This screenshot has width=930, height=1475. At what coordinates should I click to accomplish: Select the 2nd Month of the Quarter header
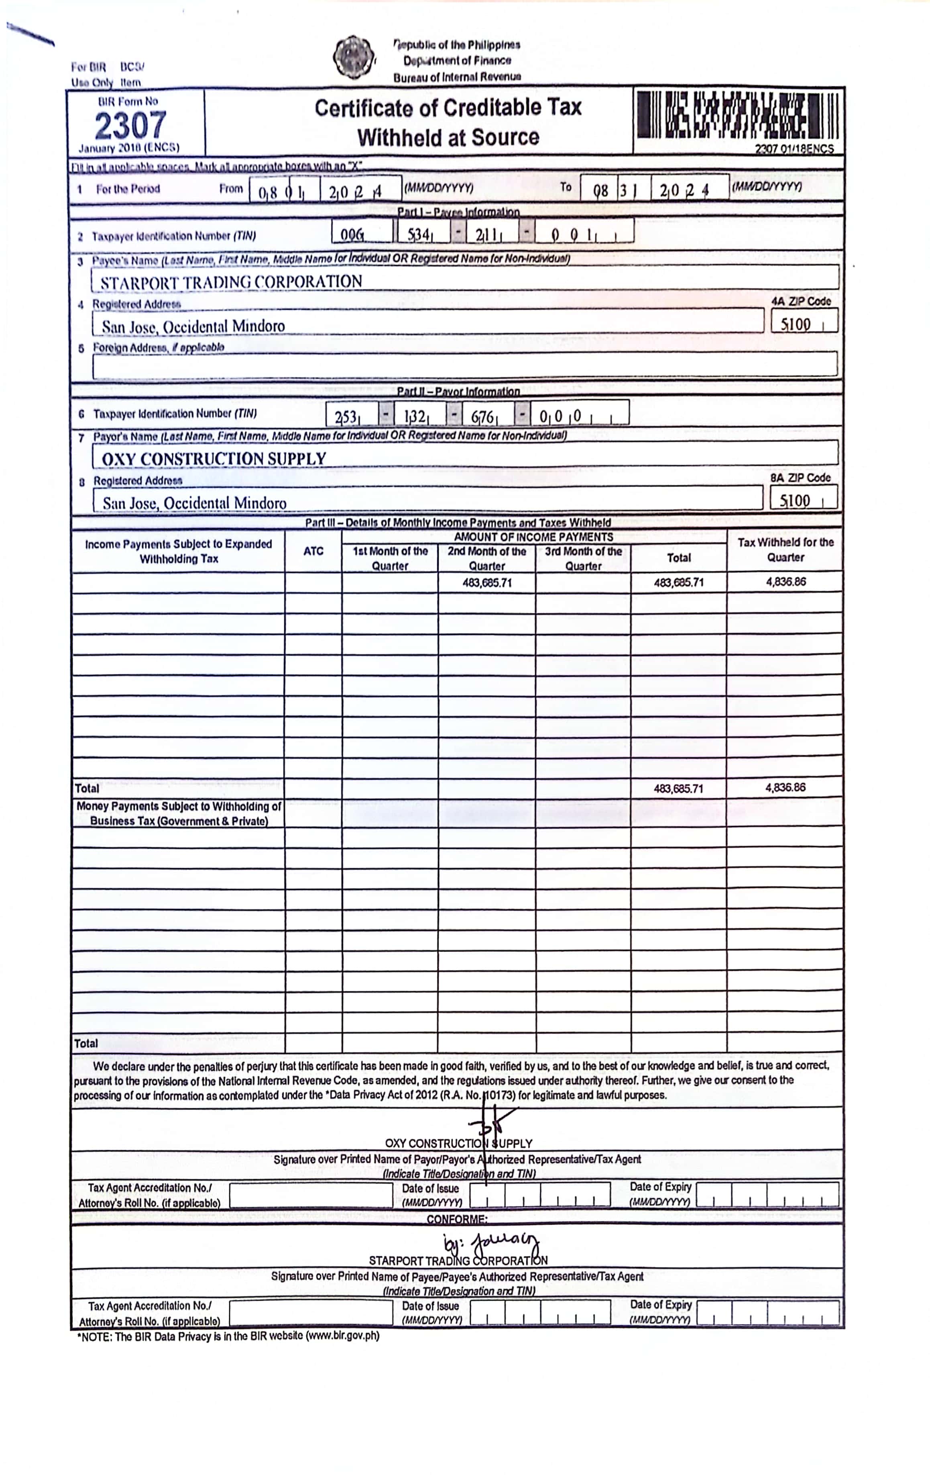tap(487, 558)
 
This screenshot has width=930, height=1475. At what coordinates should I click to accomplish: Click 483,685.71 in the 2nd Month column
tap(487, 582)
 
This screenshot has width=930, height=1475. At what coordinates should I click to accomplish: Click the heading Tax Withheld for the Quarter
tap(786, 550)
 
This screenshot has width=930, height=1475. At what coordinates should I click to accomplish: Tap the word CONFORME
tap(457, 1219)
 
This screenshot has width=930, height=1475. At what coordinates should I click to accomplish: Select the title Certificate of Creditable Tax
tap(448, 108)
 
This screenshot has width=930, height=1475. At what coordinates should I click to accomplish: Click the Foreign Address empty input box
tap(464, 364)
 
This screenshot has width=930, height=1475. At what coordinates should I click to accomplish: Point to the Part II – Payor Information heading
tap(458, 391)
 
